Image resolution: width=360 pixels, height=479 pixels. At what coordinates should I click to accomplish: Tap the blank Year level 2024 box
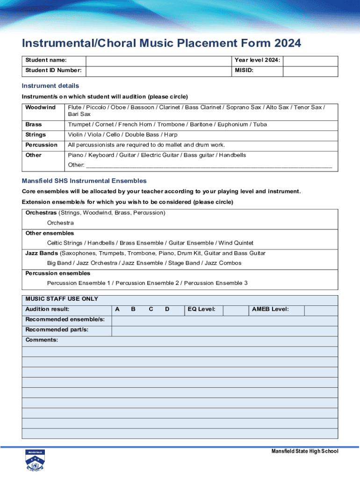coord(310,61)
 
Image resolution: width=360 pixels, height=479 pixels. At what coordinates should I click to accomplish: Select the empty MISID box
coord(310,71)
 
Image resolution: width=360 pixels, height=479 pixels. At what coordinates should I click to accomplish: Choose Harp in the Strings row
coord(171,135)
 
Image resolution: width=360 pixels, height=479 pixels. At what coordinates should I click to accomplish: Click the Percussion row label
coord(41,145)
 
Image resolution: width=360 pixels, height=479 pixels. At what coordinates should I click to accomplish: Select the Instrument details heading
coord(50,86)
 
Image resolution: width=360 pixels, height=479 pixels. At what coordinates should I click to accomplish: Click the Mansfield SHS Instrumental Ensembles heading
coord(84,181)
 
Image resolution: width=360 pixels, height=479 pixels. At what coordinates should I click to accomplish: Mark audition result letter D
coord(167,310)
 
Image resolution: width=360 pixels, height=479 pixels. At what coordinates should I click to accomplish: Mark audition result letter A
coord(117,310)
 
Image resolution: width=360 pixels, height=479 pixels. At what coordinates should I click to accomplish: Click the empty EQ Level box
coord(235,310)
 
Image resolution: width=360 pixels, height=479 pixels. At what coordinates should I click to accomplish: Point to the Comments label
coord(42,340)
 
